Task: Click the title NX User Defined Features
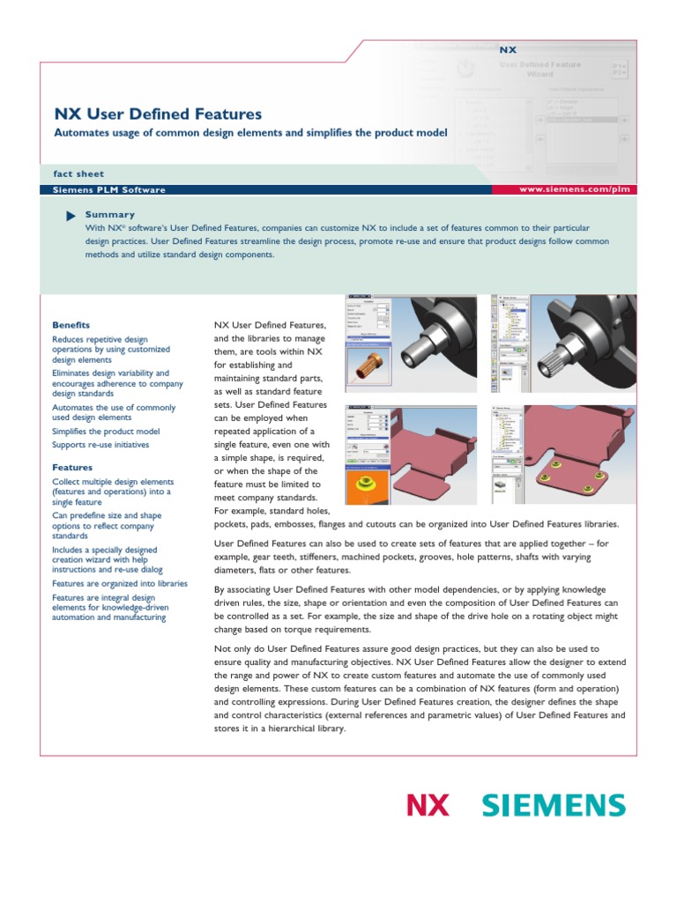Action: [x=158, y=114]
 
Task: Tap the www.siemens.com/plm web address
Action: [x=574, y=189]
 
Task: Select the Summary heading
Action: [x=109, y=214]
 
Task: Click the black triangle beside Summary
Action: [x=71, y=216]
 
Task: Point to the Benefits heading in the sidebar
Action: [x=71, y=325]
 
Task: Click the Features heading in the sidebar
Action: [x=72, y=467]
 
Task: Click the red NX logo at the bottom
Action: [x=428, y=805]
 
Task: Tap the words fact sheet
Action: [x=78, y=174]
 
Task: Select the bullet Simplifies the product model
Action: [x=106, y=432]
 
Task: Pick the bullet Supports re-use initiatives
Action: [x=100, y=445]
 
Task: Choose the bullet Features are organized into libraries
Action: [x=120, y=583]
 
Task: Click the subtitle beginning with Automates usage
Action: [x=251, y=133]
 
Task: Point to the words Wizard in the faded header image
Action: [x=539, y=75]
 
